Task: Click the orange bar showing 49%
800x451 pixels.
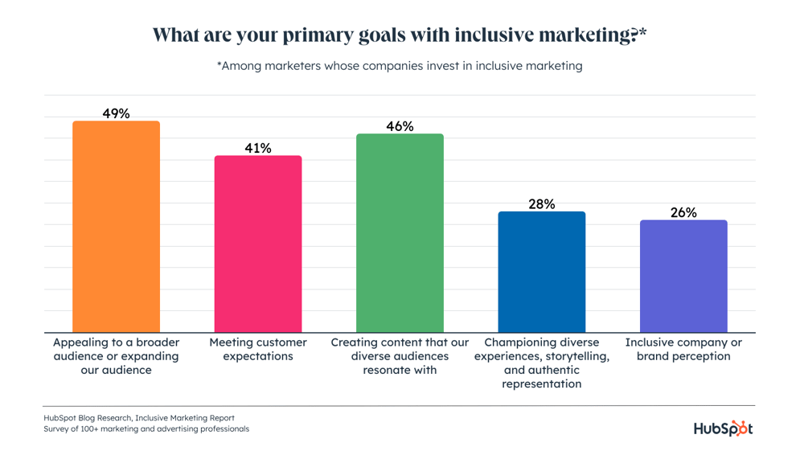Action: (117, 227)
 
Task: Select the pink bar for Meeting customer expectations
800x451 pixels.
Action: (258, 244)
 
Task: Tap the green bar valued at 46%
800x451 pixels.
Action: (400, 233)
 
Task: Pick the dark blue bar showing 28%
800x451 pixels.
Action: (542, 272)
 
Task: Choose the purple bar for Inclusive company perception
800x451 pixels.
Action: (683, 276)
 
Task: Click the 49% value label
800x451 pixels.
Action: (117, 113)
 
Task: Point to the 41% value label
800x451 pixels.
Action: (258, 148)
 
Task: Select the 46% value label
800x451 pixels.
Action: (400, 126)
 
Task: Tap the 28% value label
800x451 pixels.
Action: (542, 204)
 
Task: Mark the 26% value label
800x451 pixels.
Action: (683, 212)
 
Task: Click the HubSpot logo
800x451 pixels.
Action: (723, 428)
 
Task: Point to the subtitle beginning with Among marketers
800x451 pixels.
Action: (400, 66)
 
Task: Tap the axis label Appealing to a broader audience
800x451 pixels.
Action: (117, 356)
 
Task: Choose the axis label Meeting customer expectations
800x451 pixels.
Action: (258, 349)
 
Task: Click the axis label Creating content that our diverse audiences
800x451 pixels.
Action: (400, 356)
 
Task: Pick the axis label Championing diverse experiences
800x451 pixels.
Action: (542, 363)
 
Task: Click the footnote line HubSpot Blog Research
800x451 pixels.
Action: (139, 418)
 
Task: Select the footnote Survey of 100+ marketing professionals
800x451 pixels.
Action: (146, 429)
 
